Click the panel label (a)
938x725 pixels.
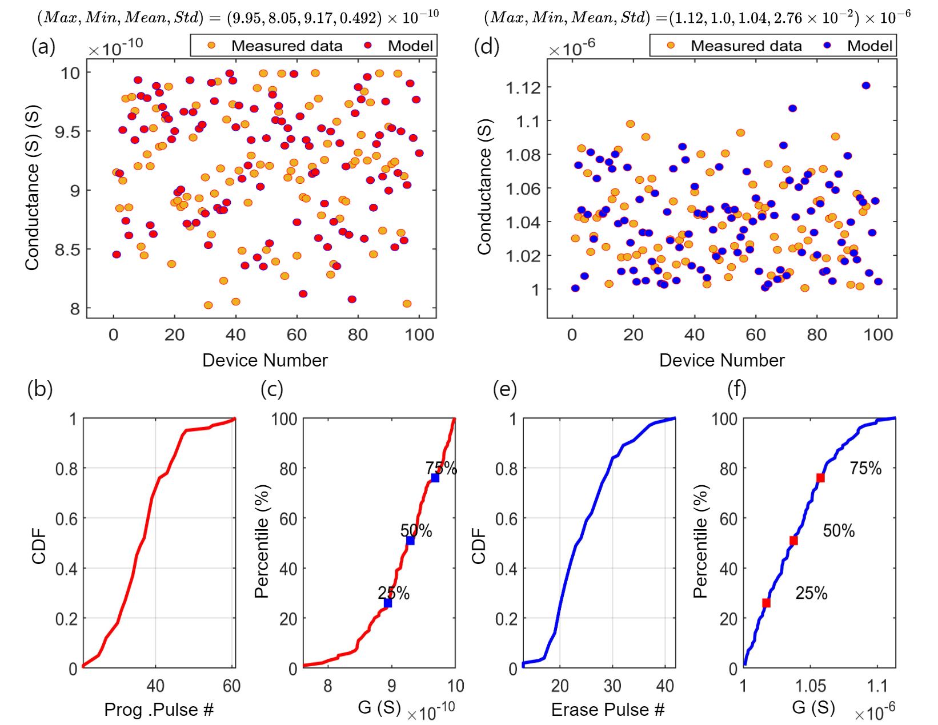(x=43, y=46)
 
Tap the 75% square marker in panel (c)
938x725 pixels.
(x=435, y=478)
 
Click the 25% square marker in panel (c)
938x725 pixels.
(x=388, y=603)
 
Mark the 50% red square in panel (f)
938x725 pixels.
(x=793, y=541)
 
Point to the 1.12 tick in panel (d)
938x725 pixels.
(x=523, y=87)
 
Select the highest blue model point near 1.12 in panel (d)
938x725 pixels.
(x=866, y=86)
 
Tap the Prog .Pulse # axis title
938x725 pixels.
(x=159, y=709)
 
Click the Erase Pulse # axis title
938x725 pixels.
(x=608, y=709)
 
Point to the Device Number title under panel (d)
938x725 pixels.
(x=721, y=360)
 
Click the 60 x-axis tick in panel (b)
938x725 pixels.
(x=231, y=685)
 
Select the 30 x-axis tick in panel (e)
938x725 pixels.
(x=612, y=685)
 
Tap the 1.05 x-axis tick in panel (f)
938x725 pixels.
(x=811, y=685)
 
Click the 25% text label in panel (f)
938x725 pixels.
(x=811, y=593)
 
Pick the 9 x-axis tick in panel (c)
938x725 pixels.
(x=391, y=685)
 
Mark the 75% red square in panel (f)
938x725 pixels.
(x=820, y=478)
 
